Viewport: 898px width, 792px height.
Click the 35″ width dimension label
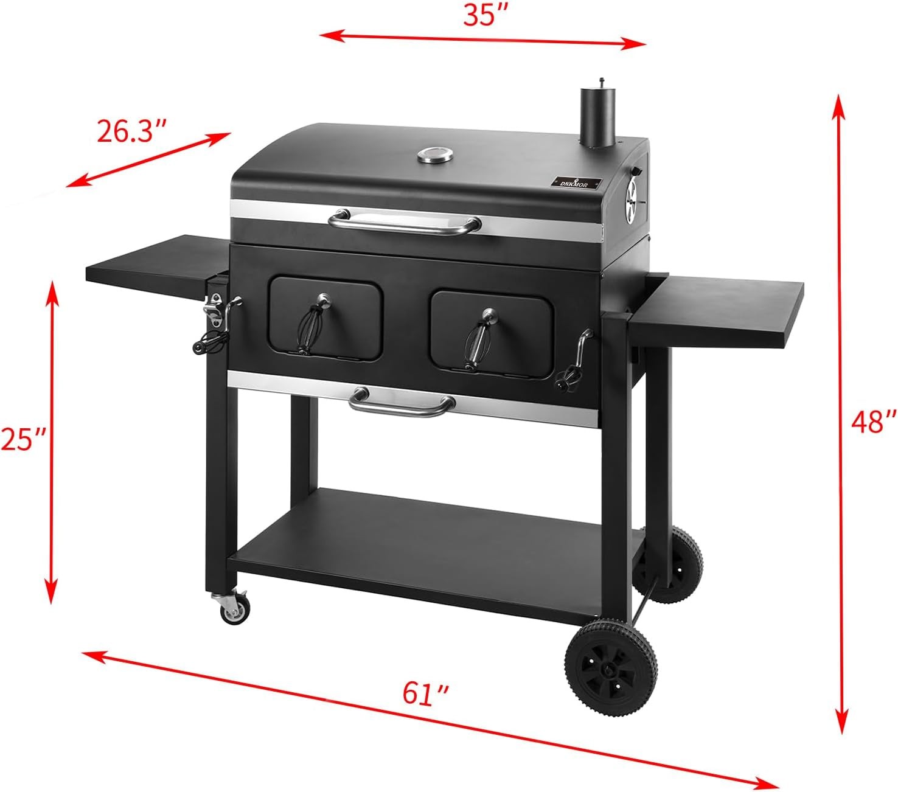click(480, 16)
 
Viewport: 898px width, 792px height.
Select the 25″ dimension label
click(23, 439)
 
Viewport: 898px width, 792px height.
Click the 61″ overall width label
click(426, 694)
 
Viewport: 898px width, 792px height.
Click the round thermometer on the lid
click(435, 155)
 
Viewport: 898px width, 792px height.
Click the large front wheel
click(611, 669)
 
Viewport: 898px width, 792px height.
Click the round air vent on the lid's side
click(633, 195)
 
